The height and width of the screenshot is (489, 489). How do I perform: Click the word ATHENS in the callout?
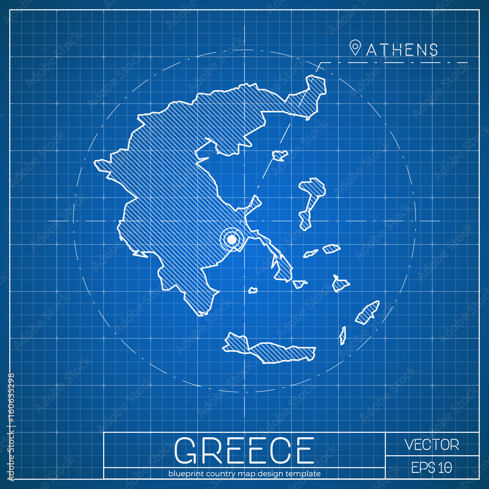pyautogui.click(x=402, y=49)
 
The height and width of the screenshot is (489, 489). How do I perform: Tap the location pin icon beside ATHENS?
pyautogui.click(x=355, y=48)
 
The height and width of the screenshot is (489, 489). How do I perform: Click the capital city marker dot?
pyautogui.click(x=232, y=239)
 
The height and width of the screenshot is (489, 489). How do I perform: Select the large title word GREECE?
pyautogui.click(x=244, y=450)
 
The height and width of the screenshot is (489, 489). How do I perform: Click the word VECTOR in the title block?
pyautogui.click(x=432, y=445)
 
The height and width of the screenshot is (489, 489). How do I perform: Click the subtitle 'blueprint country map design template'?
pyautogui.click(x=244, y=473)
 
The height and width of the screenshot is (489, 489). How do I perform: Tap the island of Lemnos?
pyautogui.click(x=280, y=156)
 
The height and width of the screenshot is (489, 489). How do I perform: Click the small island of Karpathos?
pyautogui.click(x=343, y=335)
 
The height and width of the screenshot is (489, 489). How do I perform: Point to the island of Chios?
pyautogui.click(x=306, y=219)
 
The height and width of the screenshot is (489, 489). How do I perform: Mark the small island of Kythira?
pyautogui.click(x=253, y=290)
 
